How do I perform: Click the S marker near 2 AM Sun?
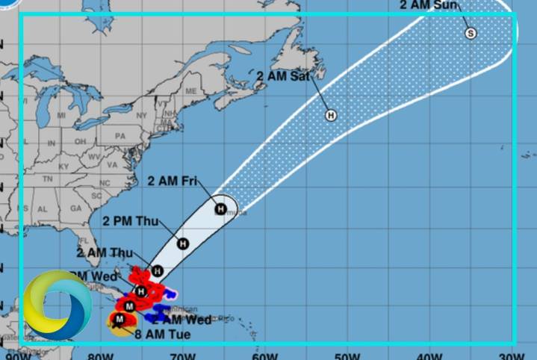pos(471,33)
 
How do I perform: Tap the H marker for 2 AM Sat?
pos(331,115)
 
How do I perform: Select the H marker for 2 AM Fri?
pos(221,208)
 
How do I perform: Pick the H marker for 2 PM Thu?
pos(182,243)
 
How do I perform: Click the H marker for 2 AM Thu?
pos(158,270)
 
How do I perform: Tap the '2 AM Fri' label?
pos(173,181)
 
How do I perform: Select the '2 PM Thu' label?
pos(128,221)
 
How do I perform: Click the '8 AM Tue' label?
pos(162,334)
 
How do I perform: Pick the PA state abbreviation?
pos(120,137)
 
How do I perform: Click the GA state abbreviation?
pos(75,208)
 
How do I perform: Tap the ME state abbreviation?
pos(190,90)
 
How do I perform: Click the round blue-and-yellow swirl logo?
pos(57,305)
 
